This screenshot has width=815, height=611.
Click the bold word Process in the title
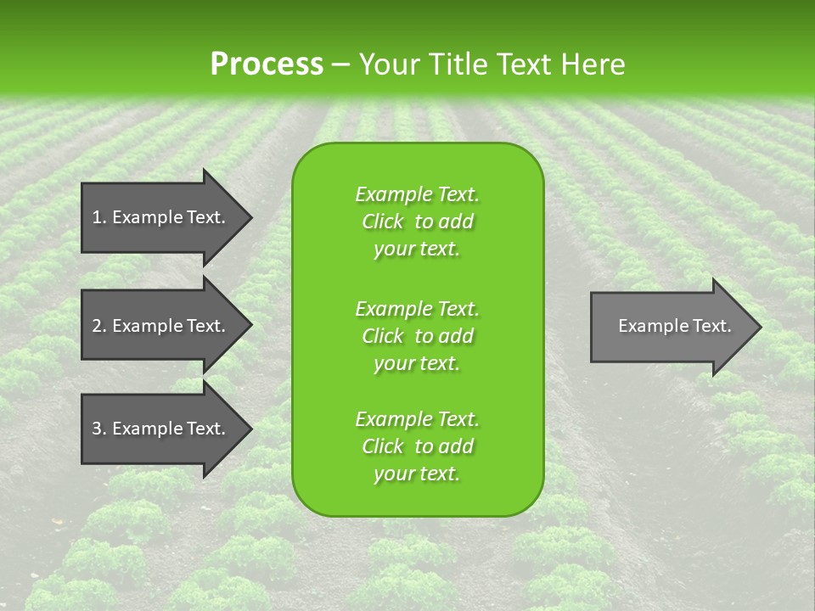point(267,64)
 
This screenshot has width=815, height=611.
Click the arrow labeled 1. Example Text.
point(161,217)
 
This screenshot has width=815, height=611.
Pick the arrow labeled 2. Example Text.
point(161,326)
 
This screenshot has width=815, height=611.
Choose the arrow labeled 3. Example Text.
point(161,429)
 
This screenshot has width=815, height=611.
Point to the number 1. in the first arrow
point(98,217)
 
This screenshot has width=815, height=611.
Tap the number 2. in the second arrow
point(98,326)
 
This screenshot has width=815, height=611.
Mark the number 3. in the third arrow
point(98,429)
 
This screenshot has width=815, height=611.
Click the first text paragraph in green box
point(417,221)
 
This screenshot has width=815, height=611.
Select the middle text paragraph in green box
point(417,336)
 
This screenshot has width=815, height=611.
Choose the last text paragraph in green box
point(417,446)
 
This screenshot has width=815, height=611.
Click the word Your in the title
point(387,64)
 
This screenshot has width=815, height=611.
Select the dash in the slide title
point(340,64)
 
